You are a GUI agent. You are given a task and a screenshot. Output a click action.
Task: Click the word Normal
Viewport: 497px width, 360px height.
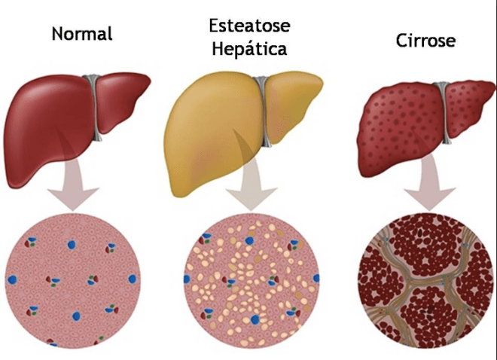coord(82,34)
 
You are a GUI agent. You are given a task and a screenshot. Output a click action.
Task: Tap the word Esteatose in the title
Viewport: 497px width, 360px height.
coord(249,26)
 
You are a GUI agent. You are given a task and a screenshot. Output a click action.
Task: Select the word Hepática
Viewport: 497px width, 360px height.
coord(249,49)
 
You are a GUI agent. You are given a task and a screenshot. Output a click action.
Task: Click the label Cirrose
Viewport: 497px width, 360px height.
coord(425,41)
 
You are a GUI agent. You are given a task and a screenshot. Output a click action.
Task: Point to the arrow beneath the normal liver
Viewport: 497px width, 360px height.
coord(73,184)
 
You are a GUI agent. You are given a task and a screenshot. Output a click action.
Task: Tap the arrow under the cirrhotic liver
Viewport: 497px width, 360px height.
coord(429,183)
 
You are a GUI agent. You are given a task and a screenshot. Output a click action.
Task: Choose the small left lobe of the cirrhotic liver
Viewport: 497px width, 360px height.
coord(469,108)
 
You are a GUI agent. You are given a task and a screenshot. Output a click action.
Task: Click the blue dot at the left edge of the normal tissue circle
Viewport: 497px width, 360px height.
coord(12,280)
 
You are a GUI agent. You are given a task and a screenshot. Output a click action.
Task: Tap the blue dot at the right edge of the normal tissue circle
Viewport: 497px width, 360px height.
coord(133,279)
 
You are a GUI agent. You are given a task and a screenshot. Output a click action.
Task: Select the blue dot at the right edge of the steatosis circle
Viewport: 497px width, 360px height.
coord(316,278)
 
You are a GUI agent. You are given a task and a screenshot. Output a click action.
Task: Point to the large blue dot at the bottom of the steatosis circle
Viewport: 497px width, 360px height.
coord(255,320)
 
